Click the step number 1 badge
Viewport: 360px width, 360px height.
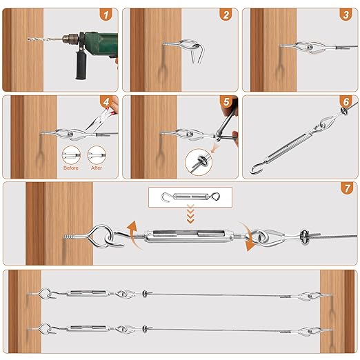[x=106, y=14]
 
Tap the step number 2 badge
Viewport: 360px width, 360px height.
[x=226, y=14]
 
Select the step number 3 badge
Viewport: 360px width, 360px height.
[x=346, y=14]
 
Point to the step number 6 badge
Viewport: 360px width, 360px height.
[x=346, y=101]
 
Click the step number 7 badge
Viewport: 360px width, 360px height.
[x=347, y=188]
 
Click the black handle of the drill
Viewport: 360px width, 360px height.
[x=81, y=65]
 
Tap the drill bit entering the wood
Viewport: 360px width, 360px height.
[x=45, y=39]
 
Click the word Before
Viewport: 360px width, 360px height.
[x=71, y=168]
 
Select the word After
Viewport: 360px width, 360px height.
[x=97, y=168]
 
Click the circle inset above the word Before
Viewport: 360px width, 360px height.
[x=71, y=155]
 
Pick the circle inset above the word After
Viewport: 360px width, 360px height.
[x=97, y=155]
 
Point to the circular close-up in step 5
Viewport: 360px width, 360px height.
[x=199, y=162]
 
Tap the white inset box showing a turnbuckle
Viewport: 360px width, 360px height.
[x=190, y=197]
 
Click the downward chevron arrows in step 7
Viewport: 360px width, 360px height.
[x=190, y=214]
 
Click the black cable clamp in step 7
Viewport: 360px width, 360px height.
[x=304, y=237]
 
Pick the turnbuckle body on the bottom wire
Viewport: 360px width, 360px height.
[x=88, y=328]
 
